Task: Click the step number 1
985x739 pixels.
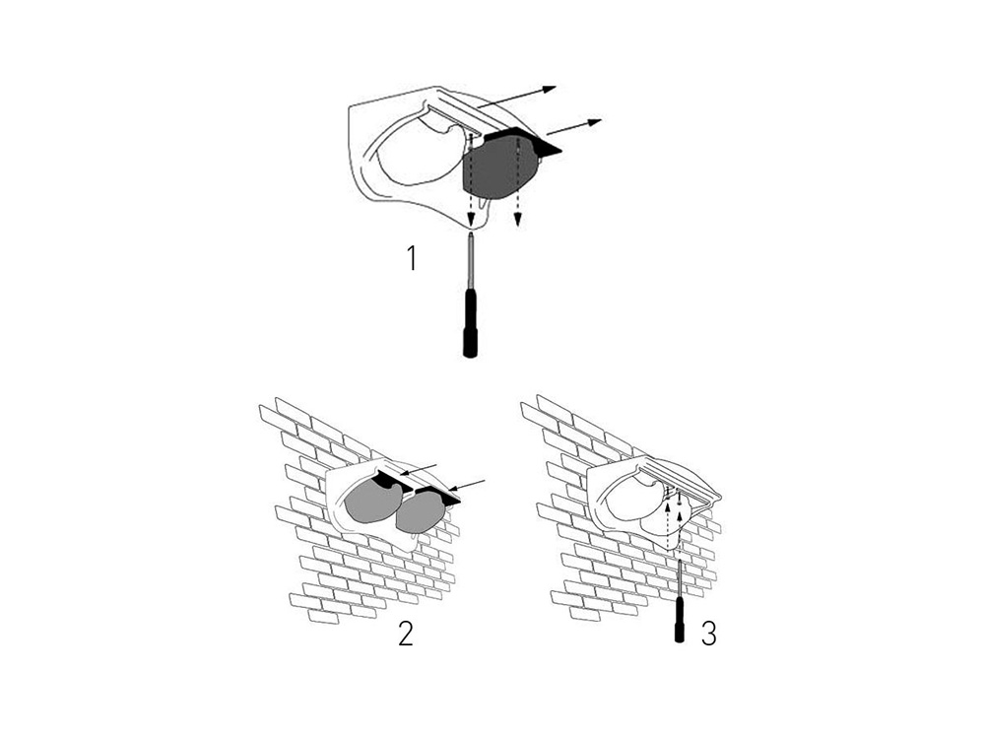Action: click(412, 258)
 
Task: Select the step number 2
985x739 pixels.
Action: click(407, 634)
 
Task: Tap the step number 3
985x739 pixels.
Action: click(708, 634)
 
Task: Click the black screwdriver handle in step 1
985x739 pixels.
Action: click(470, 322)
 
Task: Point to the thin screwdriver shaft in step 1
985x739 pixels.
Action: click(471, 260)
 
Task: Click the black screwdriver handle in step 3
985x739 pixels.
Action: click(680, 620)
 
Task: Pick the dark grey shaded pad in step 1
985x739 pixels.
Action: click(498, 169)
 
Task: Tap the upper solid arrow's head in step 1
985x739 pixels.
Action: click(549, 90)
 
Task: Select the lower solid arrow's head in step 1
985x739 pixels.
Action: click(594, 121)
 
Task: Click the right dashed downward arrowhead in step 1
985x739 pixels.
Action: click(518, 219)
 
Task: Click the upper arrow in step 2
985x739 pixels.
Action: click(420, 469)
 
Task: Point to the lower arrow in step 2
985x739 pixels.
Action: click(468, 485)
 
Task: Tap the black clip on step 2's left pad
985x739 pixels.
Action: click(391, 483)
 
